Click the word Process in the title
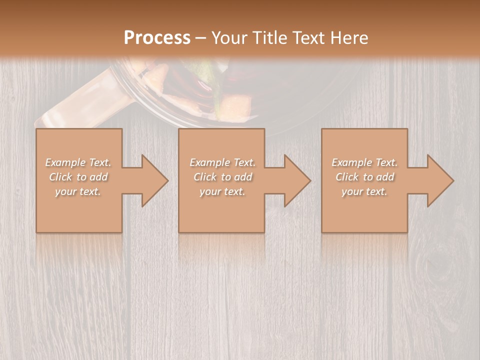point(157,38)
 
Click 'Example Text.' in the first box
point(78,162)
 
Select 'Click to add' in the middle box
point(222,177)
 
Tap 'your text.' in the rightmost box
point(364,191)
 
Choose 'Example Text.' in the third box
point(364,162)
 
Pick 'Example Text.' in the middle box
point(222,162)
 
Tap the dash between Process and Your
point(201,38)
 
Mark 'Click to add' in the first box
point(78,177)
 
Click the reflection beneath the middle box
point(221,247)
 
